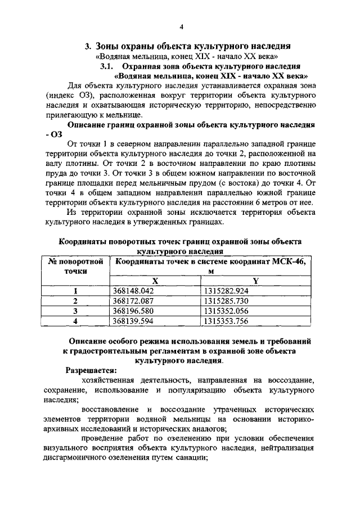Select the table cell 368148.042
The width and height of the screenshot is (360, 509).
pos(133,291)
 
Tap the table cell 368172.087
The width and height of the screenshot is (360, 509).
pos(133,301)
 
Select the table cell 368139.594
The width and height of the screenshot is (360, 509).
pos(133,321)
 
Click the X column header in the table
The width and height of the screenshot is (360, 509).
pos(155,281)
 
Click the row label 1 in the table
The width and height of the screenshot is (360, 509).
pos(75,291)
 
